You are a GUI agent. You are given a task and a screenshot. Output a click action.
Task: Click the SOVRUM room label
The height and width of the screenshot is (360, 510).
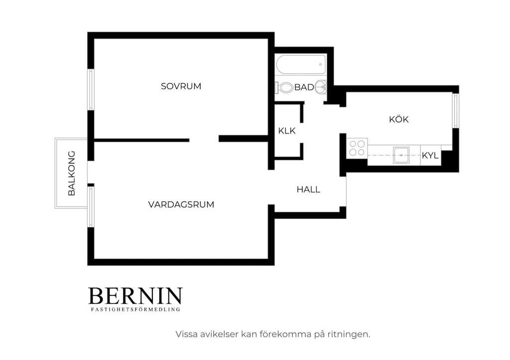point(181,86)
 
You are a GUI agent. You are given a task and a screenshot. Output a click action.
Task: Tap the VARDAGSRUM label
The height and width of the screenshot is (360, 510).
point(181,205)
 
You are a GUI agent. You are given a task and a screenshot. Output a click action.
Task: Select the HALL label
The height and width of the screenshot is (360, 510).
point(308,189)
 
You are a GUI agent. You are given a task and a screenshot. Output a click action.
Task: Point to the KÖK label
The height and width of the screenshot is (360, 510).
point(399,119)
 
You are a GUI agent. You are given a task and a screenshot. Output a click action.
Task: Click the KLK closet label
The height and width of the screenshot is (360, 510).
point(286,131)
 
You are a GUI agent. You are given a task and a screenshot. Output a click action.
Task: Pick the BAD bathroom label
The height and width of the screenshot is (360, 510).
point(304,87)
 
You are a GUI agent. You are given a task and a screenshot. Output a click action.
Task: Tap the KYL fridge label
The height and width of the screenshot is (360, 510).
point(430,155)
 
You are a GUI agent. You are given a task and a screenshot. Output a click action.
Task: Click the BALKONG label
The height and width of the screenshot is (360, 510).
point(72,173)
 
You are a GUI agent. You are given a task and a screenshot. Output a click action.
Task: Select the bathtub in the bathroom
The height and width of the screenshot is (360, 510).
point(301,64)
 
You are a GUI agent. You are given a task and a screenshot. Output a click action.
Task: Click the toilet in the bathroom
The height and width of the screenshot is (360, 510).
point(284,88)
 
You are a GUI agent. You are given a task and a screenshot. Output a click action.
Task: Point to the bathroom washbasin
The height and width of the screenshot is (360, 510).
point(321,87)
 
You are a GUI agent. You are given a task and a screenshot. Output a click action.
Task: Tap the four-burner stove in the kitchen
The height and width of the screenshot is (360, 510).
point(357,148)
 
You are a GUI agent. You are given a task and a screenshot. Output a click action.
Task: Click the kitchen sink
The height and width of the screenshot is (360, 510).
point(401,155)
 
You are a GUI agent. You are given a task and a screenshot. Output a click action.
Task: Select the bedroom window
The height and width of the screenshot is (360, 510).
point(91,90)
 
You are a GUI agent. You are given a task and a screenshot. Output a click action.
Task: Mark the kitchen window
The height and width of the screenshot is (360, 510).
point(456,111)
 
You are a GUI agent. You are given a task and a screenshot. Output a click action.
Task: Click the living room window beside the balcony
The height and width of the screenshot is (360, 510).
point(91,207)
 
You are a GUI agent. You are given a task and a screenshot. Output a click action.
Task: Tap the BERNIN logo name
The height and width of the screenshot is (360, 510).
point(135,296)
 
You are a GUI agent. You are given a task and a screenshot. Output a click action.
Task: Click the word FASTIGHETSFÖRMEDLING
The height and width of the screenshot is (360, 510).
point(135,309)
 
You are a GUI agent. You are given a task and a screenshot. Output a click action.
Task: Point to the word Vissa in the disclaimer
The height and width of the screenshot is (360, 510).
point(186,334)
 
